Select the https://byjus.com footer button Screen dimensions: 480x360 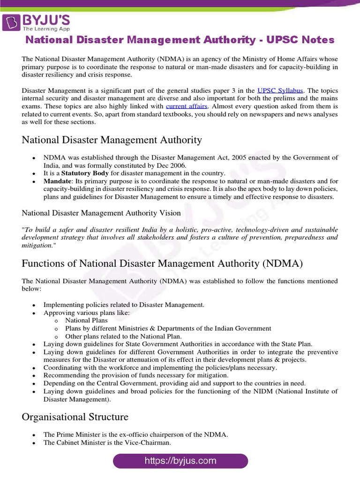click(x=180, y=460)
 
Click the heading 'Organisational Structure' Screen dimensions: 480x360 click(x=75, y=417)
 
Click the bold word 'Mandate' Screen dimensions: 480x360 click(x=57, y=181)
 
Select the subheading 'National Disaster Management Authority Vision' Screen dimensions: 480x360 click(x=101, y=213)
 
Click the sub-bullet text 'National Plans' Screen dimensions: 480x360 click(x=86, y=320)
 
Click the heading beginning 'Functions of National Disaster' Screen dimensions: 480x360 click(x=162, y=263)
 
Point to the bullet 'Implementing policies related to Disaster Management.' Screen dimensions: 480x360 click(x=124, y=305)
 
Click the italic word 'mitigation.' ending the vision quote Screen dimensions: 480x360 click(x=38, y=245)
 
